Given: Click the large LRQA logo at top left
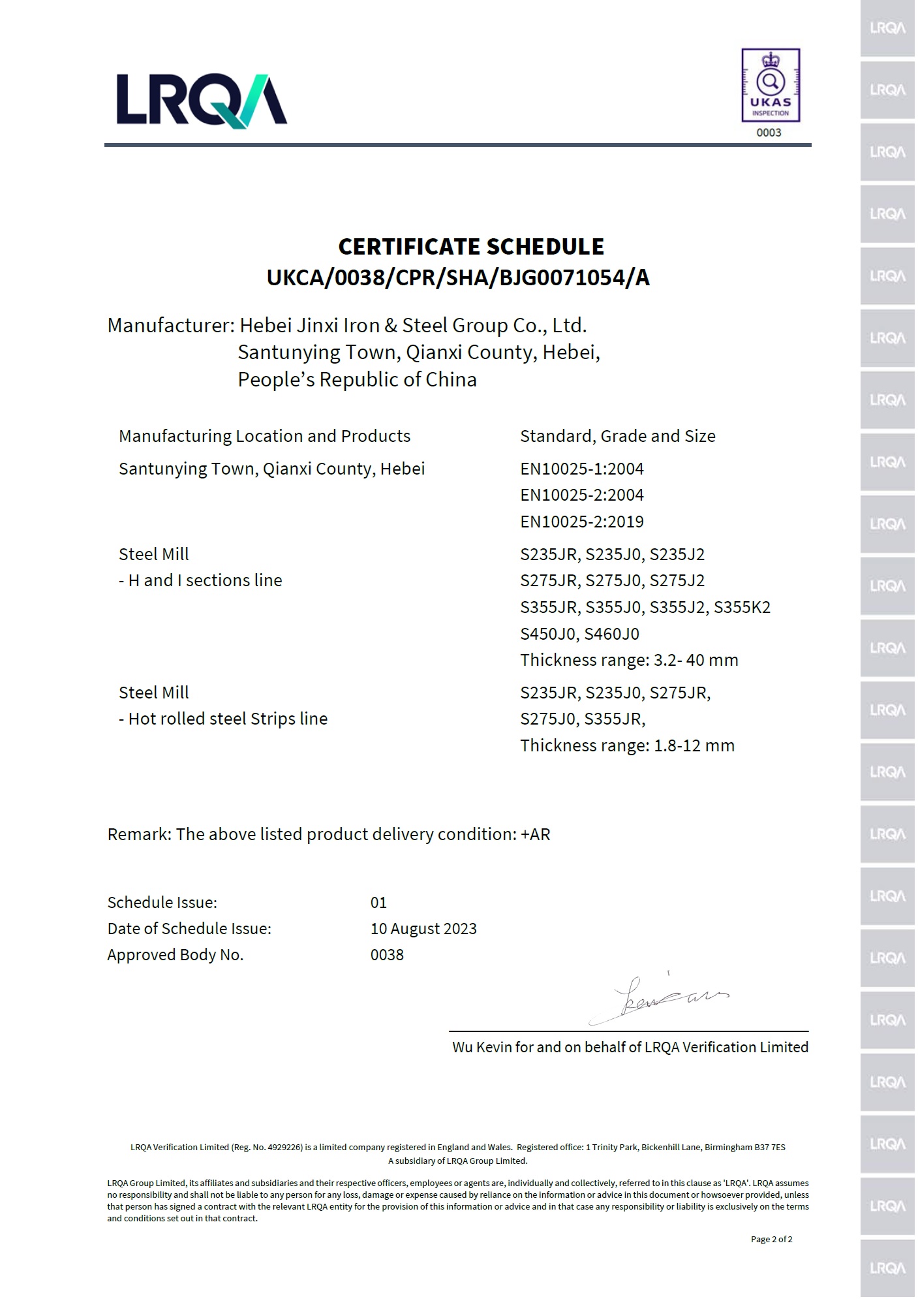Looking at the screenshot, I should (202, 100).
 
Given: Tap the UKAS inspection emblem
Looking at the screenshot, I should (770, 85).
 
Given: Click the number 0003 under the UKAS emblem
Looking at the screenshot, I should (769, 133).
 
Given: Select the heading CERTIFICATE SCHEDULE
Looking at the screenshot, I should (470, 247).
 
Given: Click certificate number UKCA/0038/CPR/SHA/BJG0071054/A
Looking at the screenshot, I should (458, 278).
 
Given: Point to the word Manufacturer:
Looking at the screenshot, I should (170, 325).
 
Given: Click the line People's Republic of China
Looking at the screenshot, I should (357, 380).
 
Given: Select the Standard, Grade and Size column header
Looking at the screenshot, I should (617, 436).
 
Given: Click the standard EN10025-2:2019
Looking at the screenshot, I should (581, 522).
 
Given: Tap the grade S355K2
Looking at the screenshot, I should (742, 608).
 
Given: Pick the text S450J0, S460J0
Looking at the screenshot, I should (579, 634).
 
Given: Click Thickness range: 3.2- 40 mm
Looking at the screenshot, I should (629, 660).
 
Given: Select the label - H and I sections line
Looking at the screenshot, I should (200, 580).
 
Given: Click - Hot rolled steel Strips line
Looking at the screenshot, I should (223, 719).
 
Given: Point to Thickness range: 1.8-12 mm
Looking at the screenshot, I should (627, 745).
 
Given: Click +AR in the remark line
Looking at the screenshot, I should (535, 834).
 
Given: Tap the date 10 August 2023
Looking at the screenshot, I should (423, 928).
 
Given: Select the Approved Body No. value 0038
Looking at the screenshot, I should (387, 954).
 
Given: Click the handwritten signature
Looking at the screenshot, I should (659, 997).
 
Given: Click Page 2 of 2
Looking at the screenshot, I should (771, 1239).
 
